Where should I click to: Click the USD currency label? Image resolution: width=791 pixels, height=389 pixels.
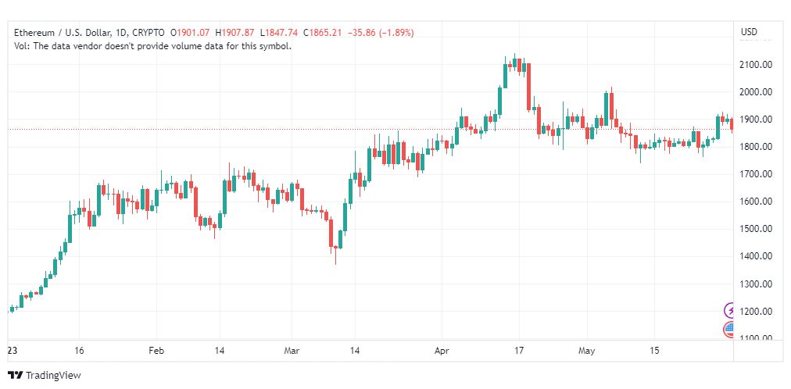749,32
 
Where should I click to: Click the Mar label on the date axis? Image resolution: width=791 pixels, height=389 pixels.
292,351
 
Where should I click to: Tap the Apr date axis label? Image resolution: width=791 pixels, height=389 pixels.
442,351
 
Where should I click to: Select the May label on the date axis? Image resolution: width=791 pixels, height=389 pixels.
587,351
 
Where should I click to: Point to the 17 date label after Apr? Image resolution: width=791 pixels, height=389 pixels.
520,351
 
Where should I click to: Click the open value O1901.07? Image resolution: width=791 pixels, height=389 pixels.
190,33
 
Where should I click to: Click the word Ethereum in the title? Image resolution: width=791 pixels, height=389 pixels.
34,33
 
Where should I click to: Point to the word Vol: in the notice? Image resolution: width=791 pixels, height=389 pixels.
22,46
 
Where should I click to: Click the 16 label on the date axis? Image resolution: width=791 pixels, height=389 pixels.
79,351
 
